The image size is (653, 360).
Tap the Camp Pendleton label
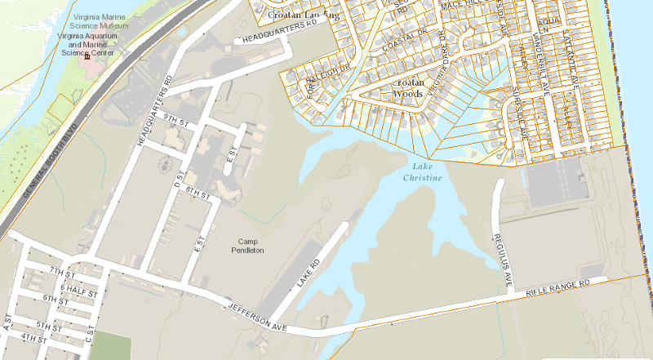point(250,246)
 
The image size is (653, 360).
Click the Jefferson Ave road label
point(256,314)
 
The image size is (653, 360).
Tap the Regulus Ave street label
point(501,260)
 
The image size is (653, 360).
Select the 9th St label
point(175,119)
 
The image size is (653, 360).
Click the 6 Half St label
point(79,288)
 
